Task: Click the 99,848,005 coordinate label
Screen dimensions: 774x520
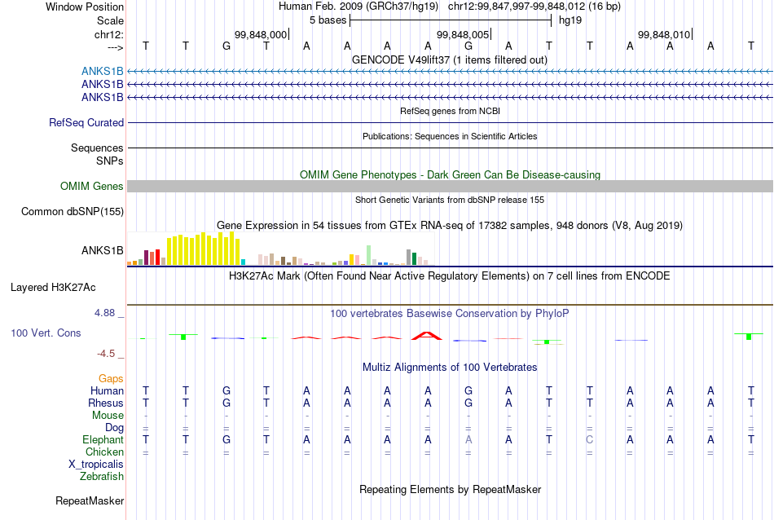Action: pyautogui.click(x=463, y=34)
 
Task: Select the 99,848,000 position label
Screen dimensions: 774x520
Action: pyautogui.click(x=261, y=34)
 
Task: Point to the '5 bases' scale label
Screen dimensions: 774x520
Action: pyautogui.click(x=328, y=20)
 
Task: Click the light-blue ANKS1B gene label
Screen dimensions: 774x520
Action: pyautogui.click(x=102, y=72)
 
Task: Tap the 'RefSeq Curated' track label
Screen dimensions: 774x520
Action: pyautogui.click(x=86, y=122)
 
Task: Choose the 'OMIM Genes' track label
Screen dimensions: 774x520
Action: pyautogui.click(x=92, y=186)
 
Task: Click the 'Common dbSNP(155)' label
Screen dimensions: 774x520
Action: pyautogui.click(x=73, y=211)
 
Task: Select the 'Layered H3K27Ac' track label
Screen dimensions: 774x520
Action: pyautogui.click(x=53, y=288)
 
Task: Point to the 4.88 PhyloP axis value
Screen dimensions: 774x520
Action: pyautogui.click(x=104, y=313)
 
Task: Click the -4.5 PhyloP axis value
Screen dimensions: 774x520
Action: pyautogui.click(x=106, y=354)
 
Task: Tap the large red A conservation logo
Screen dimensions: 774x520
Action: pyautogui.click(x=428, y=336)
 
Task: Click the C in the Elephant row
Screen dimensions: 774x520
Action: pyautogui.click(x=589, y=439)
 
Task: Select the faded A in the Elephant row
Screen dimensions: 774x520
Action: pyautogui.click(x=468, y=439)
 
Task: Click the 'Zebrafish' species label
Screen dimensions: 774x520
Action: pyautogui.click(x=102, y=477)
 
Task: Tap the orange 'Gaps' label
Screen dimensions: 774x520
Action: pyautogui.click(x=111, y=379)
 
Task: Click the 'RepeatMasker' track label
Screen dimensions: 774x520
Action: pyautogui.click(x=90, y=500)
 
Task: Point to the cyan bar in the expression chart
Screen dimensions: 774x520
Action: pyautogui.click(x=243, y=262)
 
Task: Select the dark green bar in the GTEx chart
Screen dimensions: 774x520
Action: pyautogui.click(x=414, y=258)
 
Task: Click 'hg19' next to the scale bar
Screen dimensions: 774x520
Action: pyautogui.click(x=570, y=20)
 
